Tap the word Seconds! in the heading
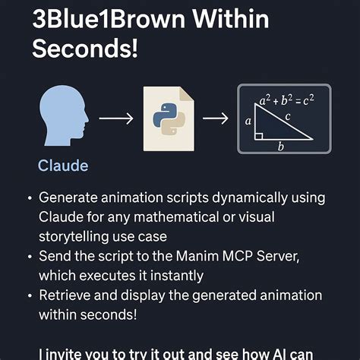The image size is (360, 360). point(85,50)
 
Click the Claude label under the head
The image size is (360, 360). point(63,166)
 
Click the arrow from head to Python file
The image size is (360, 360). point(115,118)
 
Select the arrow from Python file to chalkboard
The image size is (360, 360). point(216,118)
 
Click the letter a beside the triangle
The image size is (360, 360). point(248,121)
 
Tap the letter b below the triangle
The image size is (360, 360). point(280,147)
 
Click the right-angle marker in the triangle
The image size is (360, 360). point(260,136)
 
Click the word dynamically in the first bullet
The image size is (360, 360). point(250,198)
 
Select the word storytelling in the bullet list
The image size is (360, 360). point(75,236)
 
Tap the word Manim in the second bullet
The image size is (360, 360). point(197,255)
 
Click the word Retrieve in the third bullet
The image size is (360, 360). point(65,295)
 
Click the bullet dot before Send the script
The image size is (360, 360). point(29,256)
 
